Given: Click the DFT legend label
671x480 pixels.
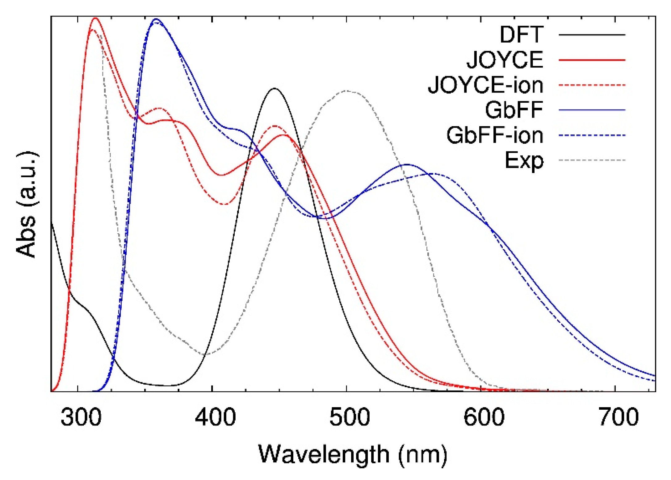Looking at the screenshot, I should click(521, 35).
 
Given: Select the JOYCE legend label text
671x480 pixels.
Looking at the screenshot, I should click(505, 60).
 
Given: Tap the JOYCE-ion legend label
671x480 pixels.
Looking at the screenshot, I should click(485, 85).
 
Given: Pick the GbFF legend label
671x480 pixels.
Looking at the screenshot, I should click(514, 110).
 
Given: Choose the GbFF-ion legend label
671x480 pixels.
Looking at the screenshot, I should click(495, 135).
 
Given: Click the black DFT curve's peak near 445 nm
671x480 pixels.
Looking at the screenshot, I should click(274, 89).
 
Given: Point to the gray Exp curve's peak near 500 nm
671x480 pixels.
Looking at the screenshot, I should click(347, 91).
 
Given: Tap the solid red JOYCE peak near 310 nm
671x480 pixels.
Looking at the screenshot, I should click(95, 18).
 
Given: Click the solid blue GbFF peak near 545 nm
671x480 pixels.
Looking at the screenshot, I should click(407, 164).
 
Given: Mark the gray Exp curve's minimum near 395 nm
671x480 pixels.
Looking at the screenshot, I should click(206, 354).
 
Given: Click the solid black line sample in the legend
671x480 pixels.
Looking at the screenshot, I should click(592, 35).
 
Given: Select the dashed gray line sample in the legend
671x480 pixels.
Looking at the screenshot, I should click(592, 160).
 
